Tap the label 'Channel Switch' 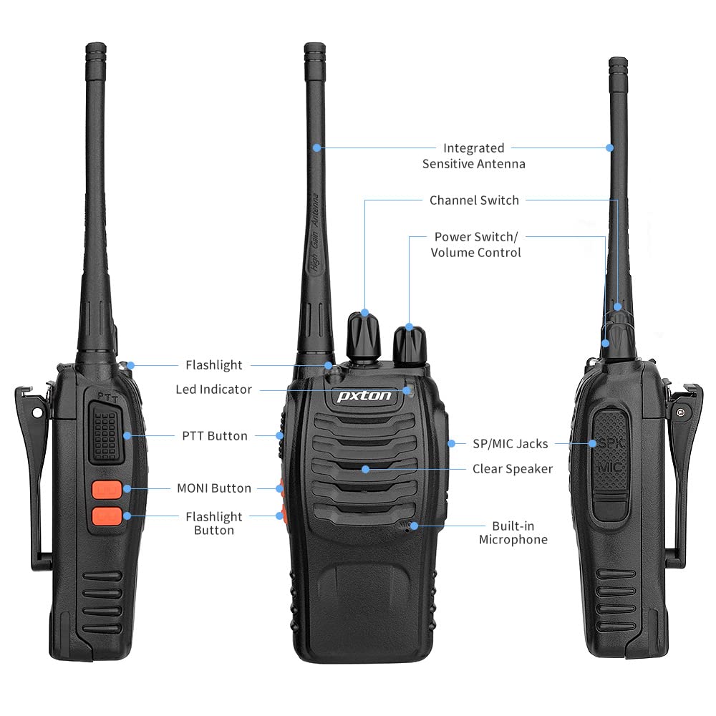(x=474, y=200)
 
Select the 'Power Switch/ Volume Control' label (x=475, y=244)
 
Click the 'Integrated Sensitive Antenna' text (x=473, y=156)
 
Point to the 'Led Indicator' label (x=214, y=390)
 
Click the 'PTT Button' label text (x=215, y=435)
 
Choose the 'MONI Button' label (x=214, y=488)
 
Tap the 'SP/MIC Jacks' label (x=511, y=444)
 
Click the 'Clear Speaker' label (x=513, y=469)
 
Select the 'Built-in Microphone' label (x=513, y=533)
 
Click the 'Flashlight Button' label (x=214, y=523)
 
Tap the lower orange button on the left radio (x=105, y=516)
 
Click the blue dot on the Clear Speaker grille (x=365, y=469)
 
